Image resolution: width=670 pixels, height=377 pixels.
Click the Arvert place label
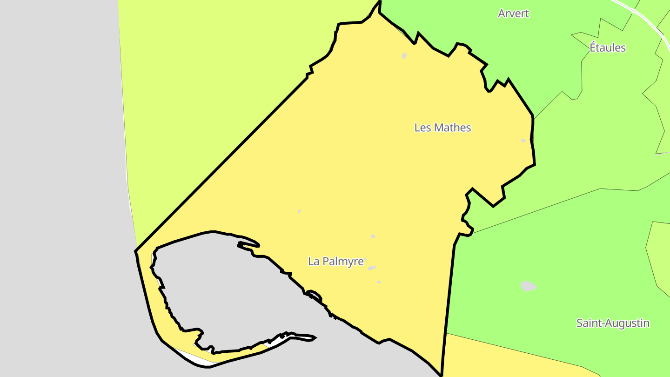pos(513,13)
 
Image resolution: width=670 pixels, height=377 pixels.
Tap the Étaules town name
pos(608,47)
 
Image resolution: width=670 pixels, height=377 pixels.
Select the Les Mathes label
pos(442,128)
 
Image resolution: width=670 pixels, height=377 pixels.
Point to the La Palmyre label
pos(335,262)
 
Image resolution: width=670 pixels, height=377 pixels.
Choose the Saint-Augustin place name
pos(613,323)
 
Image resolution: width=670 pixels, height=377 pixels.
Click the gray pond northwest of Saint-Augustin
pos(528,286)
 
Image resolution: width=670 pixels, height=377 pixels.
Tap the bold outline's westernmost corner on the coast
pos(136,251)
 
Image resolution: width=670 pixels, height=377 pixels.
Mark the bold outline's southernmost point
pos(441,375)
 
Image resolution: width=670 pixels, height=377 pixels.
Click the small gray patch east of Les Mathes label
pos(523,141)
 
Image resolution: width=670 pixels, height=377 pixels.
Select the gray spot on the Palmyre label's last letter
pos(364,259)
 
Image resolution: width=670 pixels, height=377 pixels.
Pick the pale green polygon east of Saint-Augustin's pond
pos(658,256)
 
